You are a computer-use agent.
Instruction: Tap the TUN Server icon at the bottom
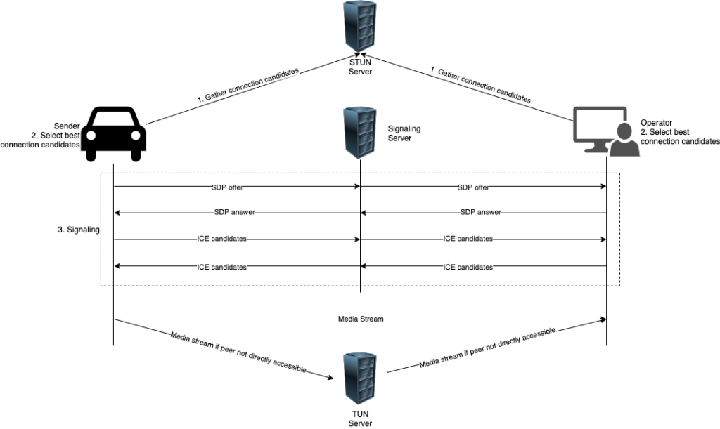click(x=360, y=378)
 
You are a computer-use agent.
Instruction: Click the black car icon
click(x=114, y=134)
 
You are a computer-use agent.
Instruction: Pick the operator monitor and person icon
click(x=605, y=131)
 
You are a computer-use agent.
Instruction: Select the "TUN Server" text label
click(x=360, y=418)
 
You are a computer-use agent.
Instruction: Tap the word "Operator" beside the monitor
click(x=657, y=122)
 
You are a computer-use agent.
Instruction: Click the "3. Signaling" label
click(x=78, y=230)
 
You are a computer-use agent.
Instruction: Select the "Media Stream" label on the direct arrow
click(x=360, y=319)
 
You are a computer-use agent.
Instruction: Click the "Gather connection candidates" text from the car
click(x=247, y=86)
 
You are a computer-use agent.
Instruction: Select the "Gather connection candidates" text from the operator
click(x=481, y=85)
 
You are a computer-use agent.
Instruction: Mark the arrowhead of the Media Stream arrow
click(x=603, y=319)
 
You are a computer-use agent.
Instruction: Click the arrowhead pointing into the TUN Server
click(x=329, y=378)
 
